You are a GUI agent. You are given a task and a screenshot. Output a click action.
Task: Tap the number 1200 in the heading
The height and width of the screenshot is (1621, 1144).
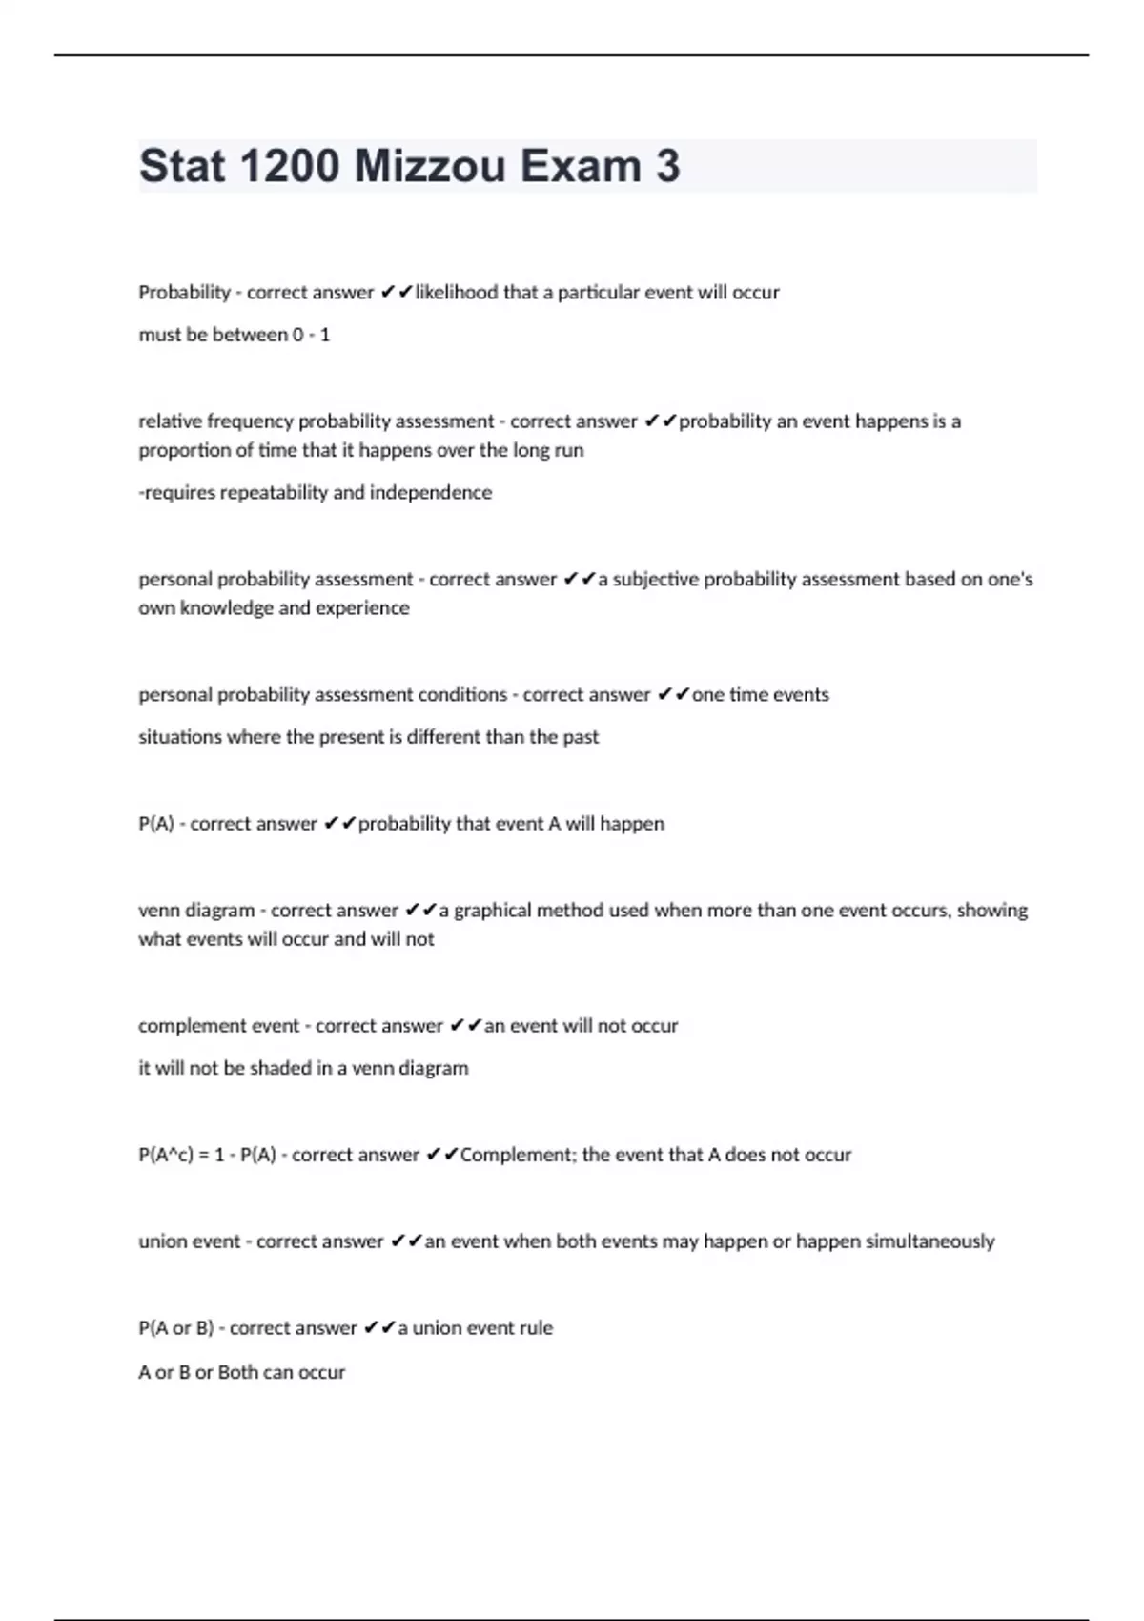click(290, 166)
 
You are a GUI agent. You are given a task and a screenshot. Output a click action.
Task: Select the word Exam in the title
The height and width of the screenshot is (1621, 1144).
click(581, 166)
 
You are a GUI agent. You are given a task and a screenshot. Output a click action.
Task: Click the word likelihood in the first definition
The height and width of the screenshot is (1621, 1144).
click(456, 293)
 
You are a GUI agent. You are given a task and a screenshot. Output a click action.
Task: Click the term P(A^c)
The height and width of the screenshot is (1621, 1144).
click(167, 1155)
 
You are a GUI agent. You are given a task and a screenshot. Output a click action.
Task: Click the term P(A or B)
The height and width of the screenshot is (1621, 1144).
click(175, 1328)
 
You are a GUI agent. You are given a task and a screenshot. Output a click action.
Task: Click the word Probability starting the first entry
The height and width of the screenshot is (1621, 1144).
click(184, 293)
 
